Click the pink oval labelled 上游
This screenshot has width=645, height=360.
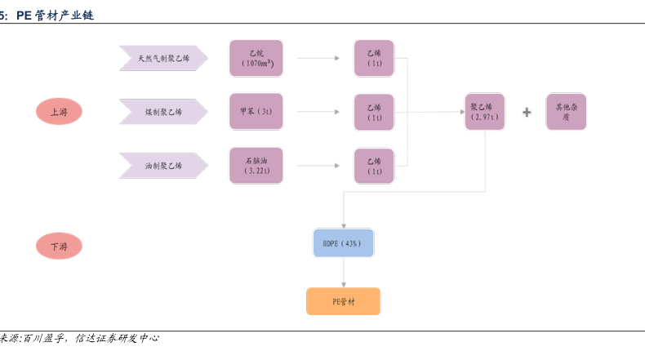click(x=59, y=112)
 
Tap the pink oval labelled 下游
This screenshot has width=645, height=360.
click(x=59, y=245)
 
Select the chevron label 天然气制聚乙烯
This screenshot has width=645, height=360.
click(x=163, y=58)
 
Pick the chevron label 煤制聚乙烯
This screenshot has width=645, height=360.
click(x=163, y=112)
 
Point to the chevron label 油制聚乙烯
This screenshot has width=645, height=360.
click(x=163, y=166)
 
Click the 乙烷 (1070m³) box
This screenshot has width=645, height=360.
click(x=256, y=58)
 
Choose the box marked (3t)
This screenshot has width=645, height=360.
click(x=256, y=112)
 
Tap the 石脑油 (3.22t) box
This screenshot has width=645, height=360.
click(x=256, y=166)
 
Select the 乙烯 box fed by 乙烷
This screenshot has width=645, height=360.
click(x=374, y=58)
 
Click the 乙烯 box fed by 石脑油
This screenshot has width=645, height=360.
click(x=374, y=166)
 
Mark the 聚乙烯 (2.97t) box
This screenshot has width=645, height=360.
click(x=484, y=112)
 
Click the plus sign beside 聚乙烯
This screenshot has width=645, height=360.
click(x=527, y=112)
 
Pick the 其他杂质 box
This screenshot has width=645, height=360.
click(x=566, y=112)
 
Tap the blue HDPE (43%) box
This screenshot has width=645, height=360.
click(x=343, y=243)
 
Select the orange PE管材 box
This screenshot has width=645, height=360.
click(x=343, y=301)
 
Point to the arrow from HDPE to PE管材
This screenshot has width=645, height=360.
click(x=343, y=272)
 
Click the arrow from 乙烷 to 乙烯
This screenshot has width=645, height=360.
click(x=318, y=58)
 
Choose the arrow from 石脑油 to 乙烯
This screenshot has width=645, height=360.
click(x=318, y=166)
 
